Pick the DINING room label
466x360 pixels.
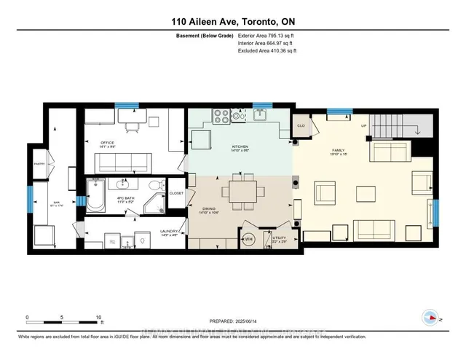(210, 210)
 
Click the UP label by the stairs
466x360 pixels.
(363, 125)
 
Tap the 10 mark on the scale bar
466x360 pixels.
(98, 318)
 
